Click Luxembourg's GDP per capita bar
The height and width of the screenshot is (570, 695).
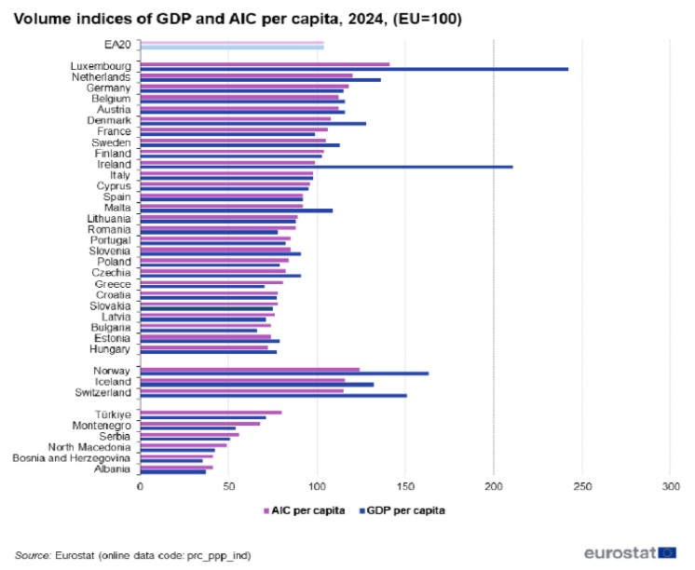(x=354, y=69)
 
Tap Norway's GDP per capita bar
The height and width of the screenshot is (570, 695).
(x=284, y=373)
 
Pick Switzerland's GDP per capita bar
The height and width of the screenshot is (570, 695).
(x=273, y=396)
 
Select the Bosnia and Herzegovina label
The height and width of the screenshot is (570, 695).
(x=73, y=458)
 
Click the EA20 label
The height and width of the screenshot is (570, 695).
(x=118, y=44)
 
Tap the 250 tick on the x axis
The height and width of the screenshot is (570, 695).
(x=582, y=486)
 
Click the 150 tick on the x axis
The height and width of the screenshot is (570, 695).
(x=405, y=486)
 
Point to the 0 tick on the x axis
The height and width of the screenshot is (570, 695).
(x=140, y=486)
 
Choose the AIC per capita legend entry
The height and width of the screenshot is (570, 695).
(x=305, y=510)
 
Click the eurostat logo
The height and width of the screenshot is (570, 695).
(x=630, y=552)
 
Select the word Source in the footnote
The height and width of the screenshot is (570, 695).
(x=33, y=553)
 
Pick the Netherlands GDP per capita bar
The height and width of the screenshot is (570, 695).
(x=260, y=80)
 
